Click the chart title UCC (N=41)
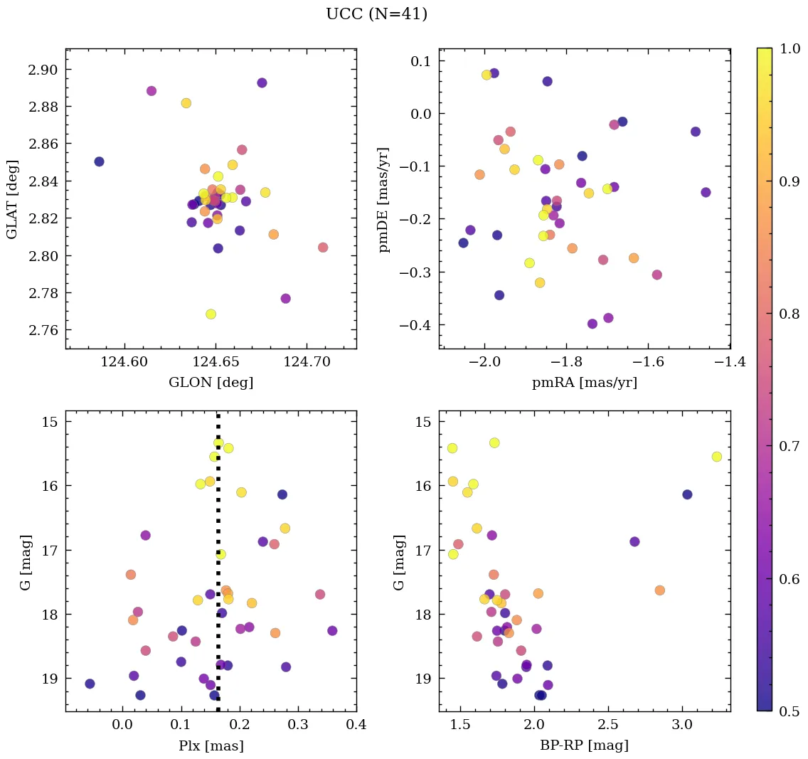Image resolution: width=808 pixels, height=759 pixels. [x=376, y=14]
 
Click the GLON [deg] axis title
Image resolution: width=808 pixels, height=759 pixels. [x=211, y=382]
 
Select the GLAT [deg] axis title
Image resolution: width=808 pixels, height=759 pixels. [x=12, y=199]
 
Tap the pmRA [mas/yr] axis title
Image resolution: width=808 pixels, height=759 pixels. [x=584, y=382]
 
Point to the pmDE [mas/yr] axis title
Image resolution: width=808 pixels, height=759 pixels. [x=384, y=199]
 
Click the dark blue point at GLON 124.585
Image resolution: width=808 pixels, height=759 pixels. [x=99, y=161]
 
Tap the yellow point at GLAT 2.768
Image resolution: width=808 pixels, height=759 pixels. [x=211, y=314]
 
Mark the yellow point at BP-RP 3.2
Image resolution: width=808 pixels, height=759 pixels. [x=716, y=457]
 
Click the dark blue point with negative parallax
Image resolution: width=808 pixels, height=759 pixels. [x=90, y=684]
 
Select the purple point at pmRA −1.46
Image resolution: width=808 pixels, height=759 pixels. [x=706, y=192]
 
